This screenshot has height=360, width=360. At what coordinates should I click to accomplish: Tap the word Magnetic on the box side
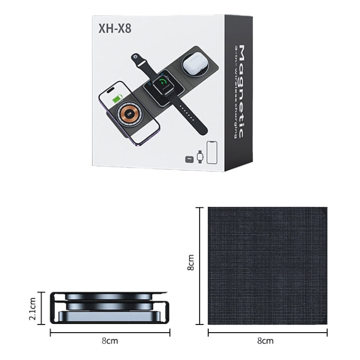[x=242, y=91]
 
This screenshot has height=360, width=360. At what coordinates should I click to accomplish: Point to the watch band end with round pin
[x=139, y=62]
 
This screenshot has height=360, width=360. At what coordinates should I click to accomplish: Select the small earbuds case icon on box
[x=189, y=158]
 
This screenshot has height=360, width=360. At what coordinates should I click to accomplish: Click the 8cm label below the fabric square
[x=267, y=341]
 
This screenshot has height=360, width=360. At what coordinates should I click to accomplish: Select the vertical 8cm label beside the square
[x=191, y=263]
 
